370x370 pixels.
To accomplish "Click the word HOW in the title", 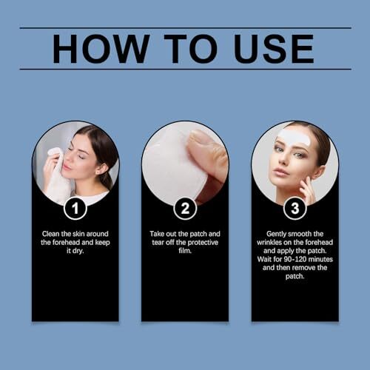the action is click(x=101, y=49).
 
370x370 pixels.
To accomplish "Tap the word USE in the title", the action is click(x=274, y=49).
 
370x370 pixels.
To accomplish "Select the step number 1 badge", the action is click(x=75, y=208).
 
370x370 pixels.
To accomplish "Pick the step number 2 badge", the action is click(x=185, y=208).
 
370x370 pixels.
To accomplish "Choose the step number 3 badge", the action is click(x=295, y=208).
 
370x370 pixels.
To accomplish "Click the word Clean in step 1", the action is click(x=50, y=234).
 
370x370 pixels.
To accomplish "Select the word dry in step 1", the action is click(x=78, y=251).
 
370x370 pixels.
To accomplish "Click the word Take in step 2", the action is click(x=157, y=234).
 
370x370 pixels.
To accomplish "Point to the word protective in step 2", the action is click(x=203, y=243).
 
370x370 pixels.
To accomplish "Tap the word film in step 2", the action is click(x=185, y=251).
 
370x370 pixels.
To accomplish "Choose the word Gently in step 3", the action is click(x=276, y=234).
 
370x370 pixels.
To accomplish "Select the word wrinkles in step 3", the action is click(x=269, y=243).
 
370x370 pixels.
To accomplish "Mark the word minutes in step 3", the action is click(x=320, y=260).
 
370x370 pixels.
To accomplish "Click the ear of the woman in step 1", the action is click(x=101, y=169).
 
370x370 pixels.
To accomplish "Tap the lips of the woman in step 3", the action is click(x=278, y=171).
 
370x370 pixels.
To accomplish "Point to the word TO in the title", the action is click(x=191, y=49).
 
